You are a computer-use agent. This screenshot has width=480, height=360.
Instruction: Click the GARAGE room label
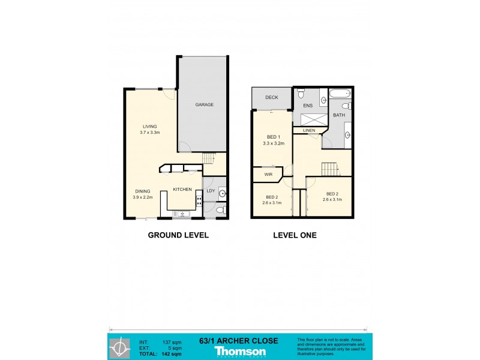[205, 104]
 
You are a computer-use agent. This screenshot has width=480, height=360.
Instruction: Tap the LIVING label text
[149, 127]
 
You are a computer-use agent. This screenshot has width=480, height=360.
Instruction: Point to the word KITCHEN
[182, 190]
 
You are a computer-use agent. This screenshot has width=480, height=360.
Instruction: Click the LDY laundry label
[211, 191]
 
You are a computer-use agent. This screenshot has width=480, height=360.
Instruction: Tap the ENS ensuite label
[308, 106]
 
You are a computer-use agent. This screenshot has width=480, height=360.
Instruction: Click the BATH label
[339, 115]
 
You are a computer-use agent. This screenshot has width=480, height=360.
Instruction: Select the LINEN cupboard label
[309, 130]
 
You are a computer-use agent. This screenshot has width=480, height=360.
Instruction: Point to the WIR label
[269, 175]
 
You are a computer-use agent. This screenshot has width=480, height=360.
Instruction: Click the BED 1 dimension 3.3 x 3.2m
[274, 144]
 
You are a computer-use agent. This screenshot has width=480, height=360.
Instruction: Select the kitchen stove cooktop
[198, 201]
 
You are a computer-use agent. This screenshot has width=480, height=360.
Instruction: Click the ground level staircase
[208, 158]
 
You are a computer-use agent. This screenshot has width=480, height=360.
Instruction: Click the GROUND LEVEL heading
[178, 236]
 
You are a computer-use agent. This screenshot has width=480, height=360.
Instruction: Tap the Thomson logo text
[240, 350]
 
